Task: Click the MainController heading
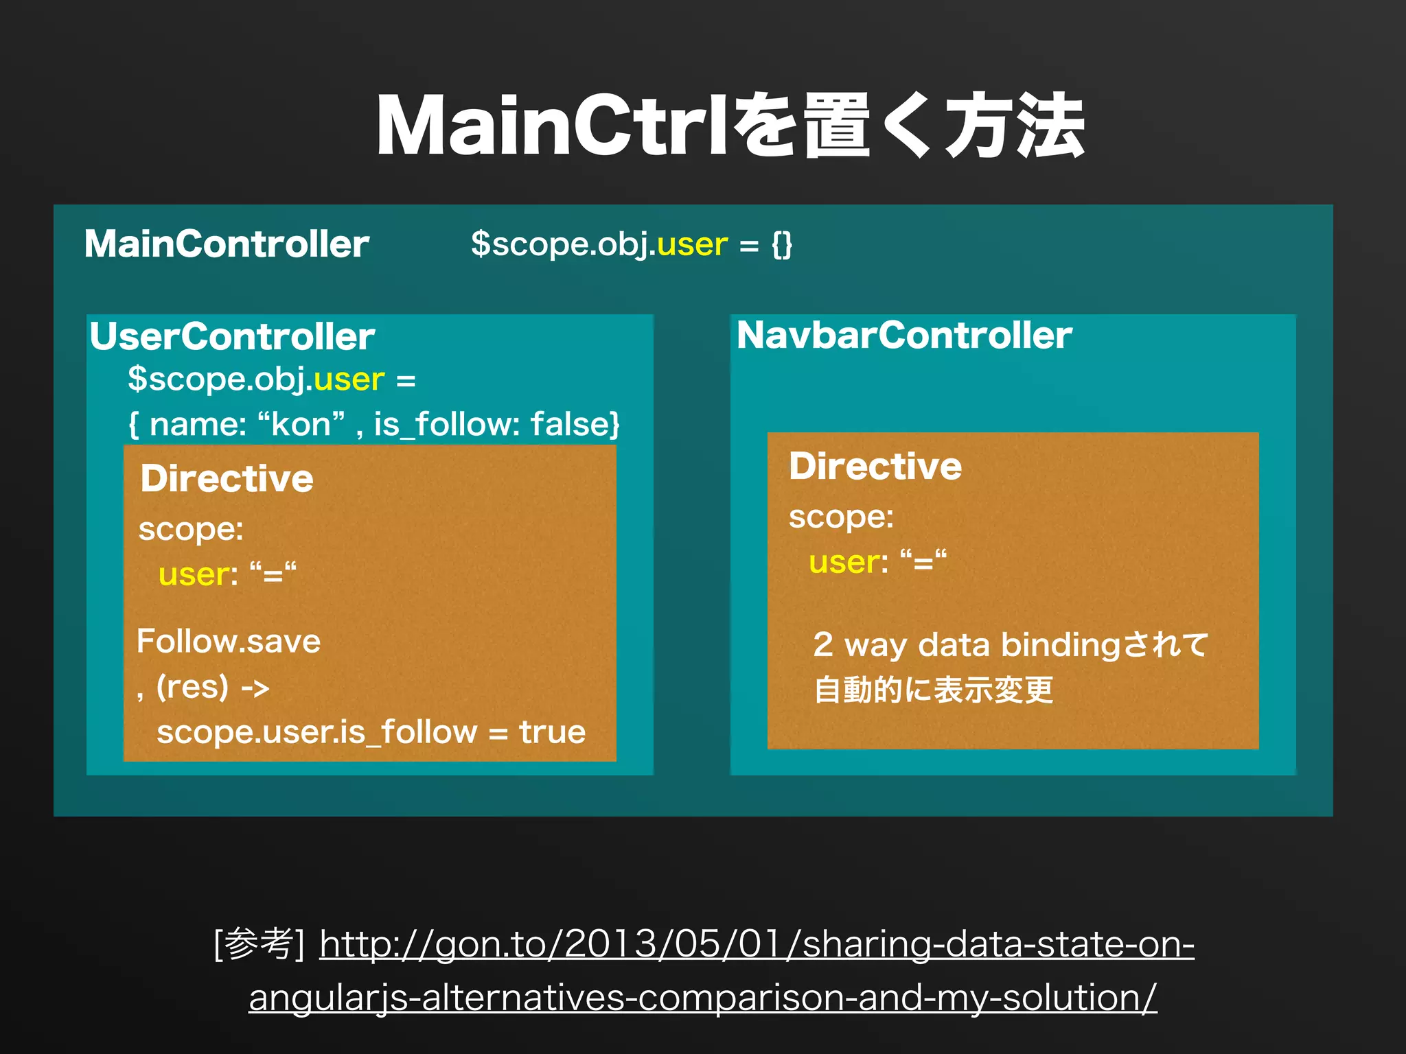[x=227, y=244]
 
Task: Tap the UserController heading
[x=232, y=336]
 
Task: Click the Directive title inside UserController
[x=227, y=478]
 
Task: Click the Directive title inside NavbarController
[x=875, y=467]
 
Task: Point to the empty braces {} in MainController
[x=782, y=244]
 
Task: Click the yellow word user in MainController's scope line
[x=692, y=244]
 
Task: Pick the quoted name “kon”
[x=301, y=424]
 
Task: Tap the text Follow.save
[x=229, y=642]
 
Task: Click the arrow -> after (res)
[x=255, y=688]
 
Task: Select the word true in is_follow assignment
[x=553, y=732]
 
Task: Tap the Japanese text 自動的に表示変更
[x=934, y=690]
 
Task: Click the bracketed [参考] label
[x=260, y=944]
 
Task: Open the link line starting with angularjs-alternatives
[x=702, y=997]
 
